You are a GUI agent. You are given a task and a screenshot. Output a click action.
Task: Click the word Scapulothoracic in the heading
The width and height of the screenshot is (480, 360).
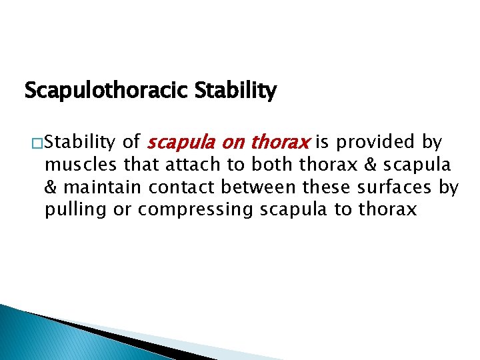pos(106,90)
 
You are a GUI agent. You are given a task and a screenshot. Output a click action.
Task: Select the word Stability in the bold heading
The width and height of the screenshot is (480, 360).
pos(235,90)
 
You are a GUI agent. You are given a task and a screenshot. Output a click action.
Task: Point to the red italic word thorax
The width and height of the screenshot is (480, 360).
pos(281,142)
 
